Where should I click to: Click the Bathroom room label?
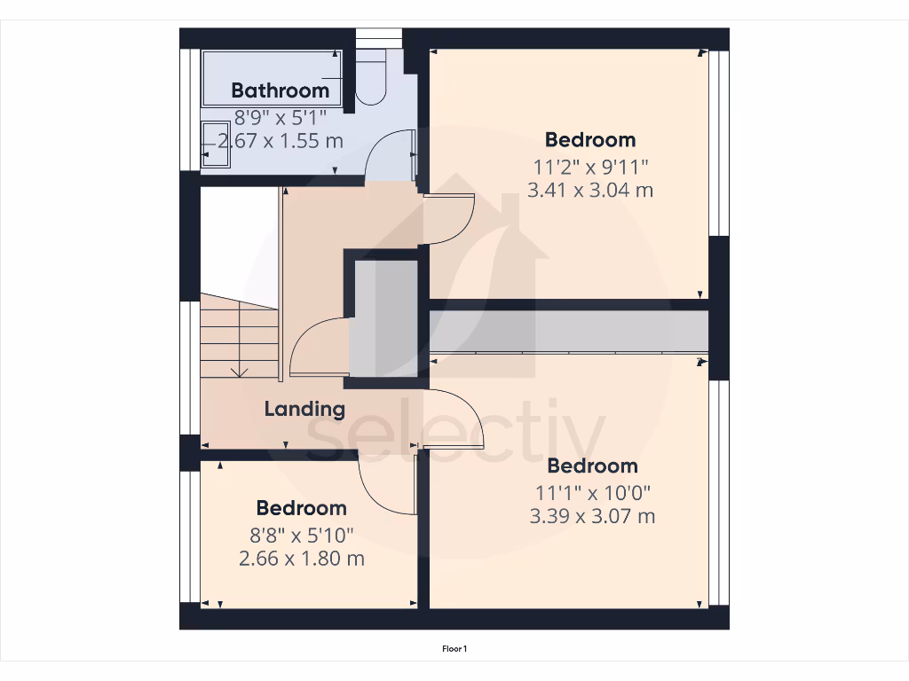(280, 90)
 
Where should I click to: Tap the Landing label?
(304, 409)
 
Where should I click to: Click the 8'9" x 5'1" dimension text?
(281, 116)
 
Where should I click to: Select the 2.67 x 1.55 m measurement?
(281, 141)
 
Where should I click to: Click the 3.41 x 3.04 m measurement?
(590, 190)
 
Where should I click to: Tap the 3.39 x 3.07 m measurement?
(592, 516)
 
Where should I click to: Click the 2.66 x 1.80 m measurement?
(302, 559)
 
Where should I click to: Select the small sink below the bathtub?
(215, 144)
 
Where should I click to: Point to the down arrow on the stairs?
(238, 370)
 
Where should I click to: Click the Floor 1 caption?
(454, 649)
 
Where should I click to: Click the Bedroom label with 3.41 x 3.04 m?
(590, 139)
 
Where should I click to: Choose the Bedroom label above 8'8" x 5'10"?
(302, 508)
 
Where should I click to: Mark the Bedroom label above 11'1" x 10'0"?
(592, 466)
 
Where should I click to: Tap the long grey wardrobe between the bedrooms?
(569, 331)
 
